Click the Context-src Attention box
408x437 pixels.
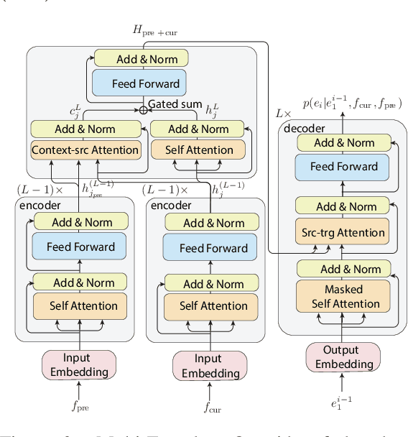pyautogui.click(x=85, y=150)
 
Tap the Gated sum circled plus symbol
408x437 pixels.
pyautogui.click(x=142, y=110)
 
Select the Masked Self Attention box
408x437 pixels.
pyautogui.click(x=343, y=296)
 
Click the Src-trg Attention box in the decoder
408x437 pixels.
pyautogui.click(x=343, y=232)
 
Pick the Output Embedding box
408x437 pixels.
pyautogui.click(x=341, y=357)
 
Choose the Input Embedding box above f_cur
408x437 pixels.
pyautogui.click(x=210, y=366)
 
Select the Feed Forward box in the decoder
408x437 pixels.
pyautogui.click(x=343, y=167)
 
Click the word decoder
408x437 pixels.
pyautogui.click(x=305, y=128)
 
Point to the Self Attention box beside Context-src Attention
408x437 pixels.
pyautogui.click(x=199, y=150)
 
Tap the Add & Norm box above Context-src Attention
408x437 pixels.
pyautogui.click(x=85, y=129)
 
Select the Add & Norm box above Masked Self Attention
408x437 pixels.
pyautogui.click(x=343, y=270)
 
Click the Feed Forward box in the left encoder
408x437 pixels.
pyautogui.click(x=80, y=247)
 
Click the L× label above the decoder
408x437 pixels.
pyautogui.click(x=284, y=114)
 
